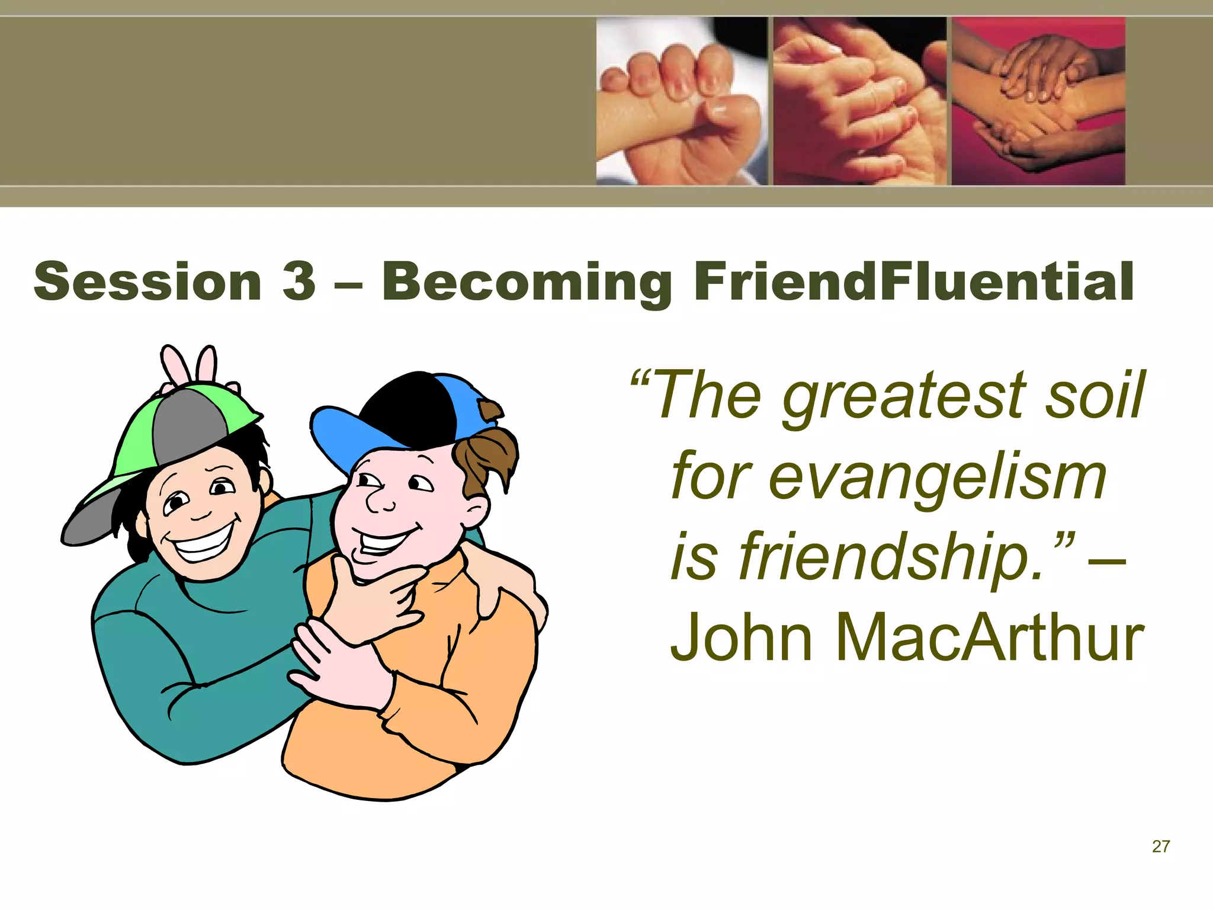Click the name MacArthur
(x=989, y=639)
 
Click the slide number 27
(x=1161, y=847)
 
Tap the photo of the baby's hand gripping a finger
(x=681, y=101)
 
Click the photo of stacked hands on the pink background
(x=1038, y=101)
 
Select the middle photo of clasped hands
(x=859, y=101)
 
